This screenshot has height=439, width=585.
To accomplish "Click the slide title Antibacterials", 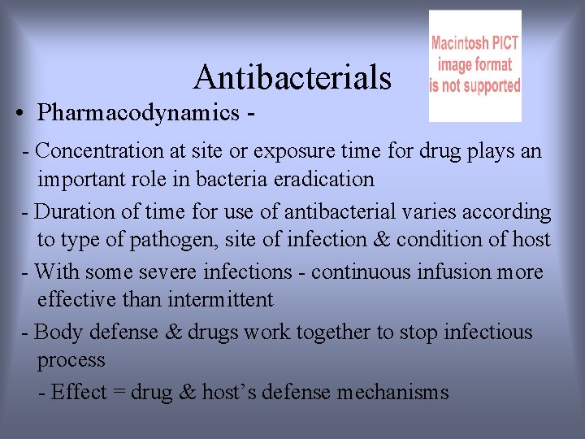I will point(292,78).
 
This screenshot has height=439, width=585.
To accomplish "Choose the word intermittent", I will point(221,299).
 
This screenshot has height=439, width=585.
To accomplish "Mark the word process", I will point(71,361).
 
